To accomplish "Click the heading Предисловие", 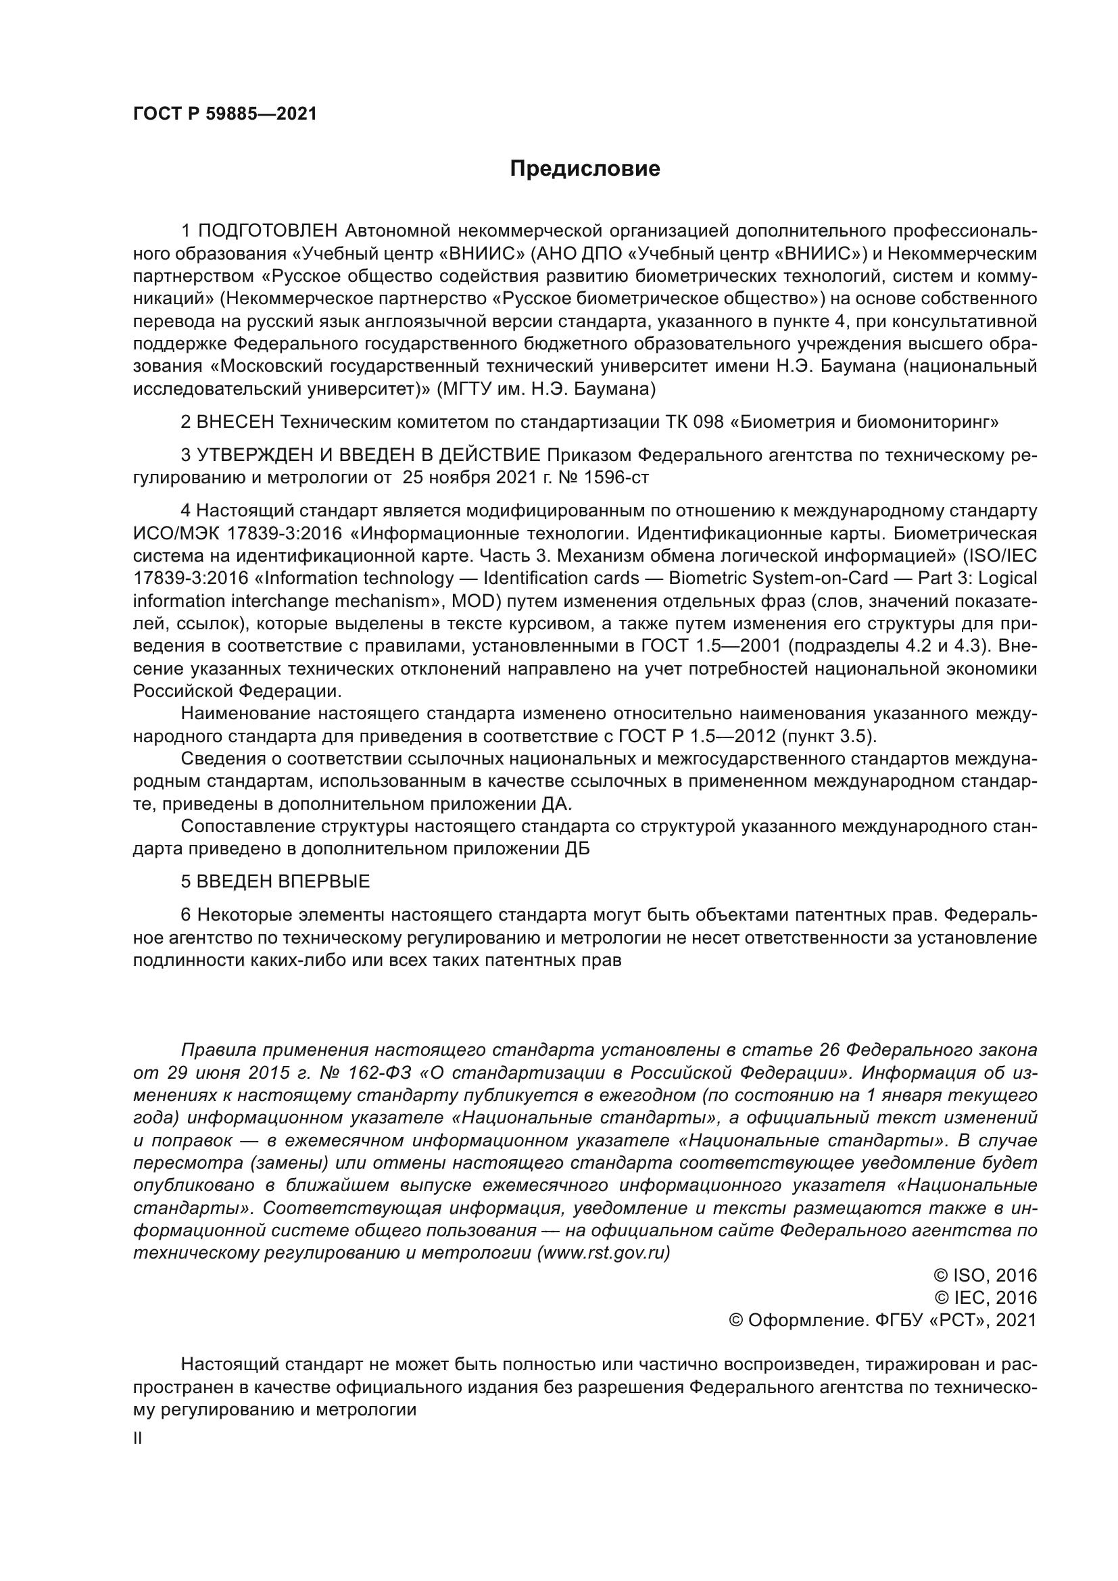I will pos(585,169).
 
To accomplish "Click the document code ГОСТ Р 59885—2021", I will pos(225,114).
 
